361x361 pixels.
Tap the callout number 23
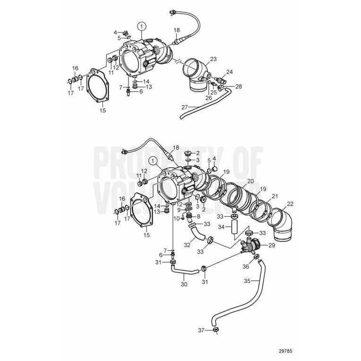213,59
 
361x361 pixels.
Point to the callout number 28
238,86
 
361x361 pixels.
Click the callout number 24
229,72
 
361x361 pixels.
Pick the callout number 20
250,181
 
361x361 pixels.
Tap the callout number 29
272,246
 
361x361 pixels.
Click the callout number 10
177,218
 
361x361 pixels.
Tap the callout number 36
246,266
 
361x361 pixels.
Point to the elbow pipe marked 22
281,223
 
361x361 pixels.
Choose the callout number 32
187,245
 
